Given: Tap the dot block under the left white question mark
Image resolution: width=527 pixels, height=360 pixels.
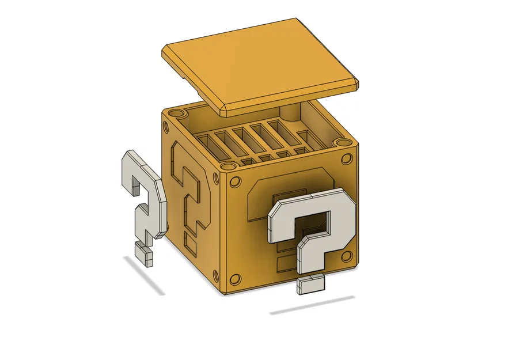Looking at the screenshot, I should [x=143, y=253].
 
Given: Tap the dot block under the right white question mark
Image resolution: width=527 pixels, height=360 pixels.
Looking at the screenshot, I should [x=309, y=284].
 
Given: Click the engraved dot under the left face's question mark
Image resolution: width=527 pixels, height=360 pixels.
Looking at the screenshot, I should [x=189, y=245].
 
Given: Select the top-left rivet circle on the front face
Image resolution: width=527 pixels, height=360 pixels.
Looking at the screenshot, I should [x=235, y=183].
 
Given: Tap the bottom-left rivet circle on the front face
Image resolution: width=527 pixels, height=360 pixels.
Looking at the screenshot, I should [x=235, y=279].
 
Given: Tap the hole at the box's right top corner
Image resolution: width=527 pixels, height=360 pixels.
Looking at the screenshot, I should [x=344, y=142].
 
